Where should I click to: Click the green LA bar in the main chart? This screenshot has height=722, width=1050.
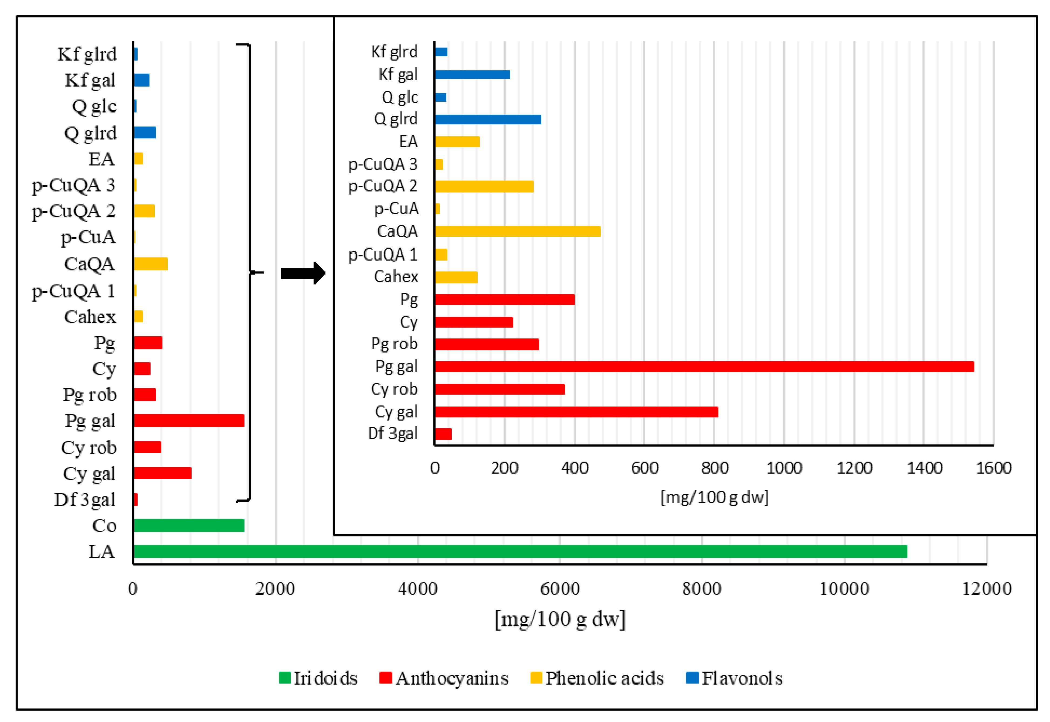pos(521,552)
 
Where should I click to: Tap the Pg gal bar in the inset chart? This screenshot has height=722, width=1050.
pos(704,367)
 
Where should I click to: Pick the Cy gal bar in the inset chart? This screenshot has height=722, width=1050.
pos(576,412)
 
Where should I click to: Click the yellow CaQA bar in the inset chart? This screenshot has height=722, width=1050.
pos(517,231)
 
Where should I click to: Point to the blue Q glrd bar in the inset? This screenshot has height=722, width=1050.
pos(487,119)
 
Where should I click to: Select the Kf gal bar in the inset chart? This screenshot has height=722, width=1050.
pos(472,75)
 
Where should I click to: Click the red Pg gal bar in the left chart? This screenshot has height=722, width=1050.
pos(189,421)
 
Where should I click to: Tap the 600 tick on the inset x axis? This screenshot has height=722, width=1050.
pos(644,468)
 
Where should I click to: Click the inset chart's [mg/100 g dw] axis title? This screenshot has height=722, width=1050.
pos(714,497)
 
